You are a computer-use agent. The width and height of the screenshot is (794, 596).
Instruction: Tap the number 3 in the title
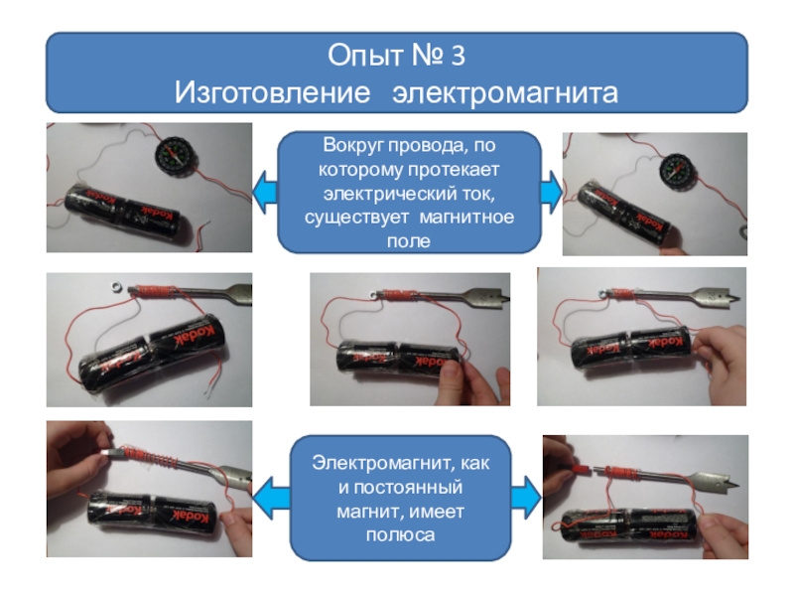click(458, 56)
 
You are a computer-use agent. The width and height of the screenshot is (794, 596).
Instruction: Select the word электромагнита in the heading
click(505, 93)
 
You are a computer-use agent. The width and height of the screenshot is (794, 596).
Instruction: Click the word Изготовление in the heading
click(272, 92)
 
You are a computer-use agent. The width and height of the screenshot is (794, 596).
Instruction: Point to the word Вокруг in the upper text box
click(354, 146)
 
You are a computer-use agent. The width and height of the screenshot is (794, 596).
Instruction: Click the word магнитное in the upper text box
click(466, 217)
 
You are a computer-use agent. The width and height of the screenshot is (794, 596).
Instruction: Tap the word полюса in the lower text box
click(400, 535)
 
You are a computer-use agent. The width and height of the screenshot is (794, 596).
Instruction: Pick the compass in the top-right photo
click(678, 171)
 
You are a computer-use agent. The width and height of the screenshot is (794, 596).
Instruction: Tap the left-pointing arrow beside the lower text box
click(270, 499)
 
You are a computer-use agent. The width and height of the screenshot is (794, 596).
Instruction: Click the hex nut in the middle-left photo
click(115, 287)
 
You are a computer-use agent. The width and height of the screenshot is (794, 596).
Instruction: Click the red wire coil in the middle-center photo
click(400, 295)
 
